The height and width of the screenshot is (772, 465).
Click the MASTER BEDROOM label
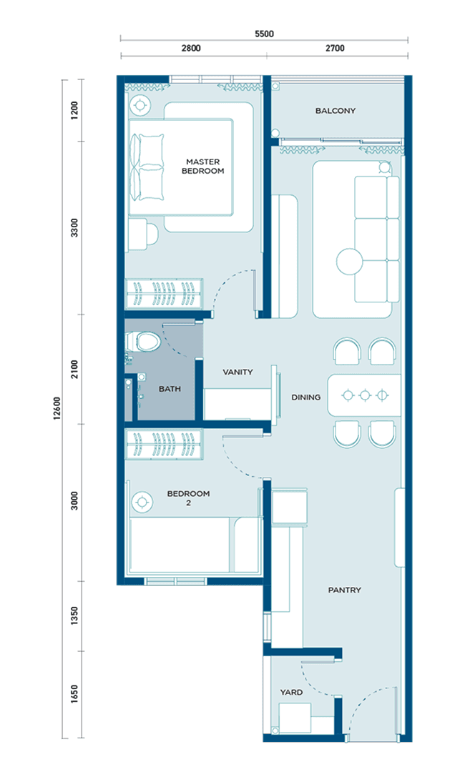point(203,167)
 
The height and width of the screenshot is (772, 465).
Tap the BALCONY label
point(336,111)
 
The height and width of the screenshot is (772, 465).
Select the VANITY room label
point(238,372)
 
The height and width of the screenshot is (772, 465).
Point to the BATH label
point(170,389)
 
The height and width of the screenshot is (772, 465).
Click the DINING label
point(306,397)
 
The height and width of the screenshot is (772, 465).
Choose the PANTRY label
point(345,590)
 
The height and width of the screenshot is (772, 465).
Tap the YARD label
point(292,692)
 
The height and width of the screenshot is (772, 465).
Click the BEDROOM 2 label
point(188,498)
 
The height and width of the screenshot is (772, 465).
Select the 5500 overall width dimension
point(265,34)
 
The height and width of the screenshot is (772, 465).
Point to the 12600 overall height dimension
point(58,409)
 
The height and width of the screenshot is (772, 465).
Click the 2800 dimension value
point(191,49)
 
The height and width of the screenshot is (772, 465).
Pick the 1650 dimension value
point(74,694)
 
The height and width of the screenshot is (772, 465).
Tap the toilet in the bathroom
point(143,341)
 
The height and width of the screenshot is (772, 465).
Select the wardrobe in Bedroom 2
point(164,445)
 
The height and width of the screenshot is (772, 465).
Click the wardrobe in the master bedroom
point(164,294)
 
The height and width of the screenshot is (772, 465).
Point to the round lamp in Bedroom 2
point(142,503)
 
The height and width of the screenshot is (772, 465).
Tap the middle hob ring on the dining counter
point(365,395)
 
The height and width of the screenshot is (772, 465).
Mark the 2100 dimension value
point(74,370)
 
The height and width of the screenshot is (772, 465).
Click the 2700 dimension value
point(335,49)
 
